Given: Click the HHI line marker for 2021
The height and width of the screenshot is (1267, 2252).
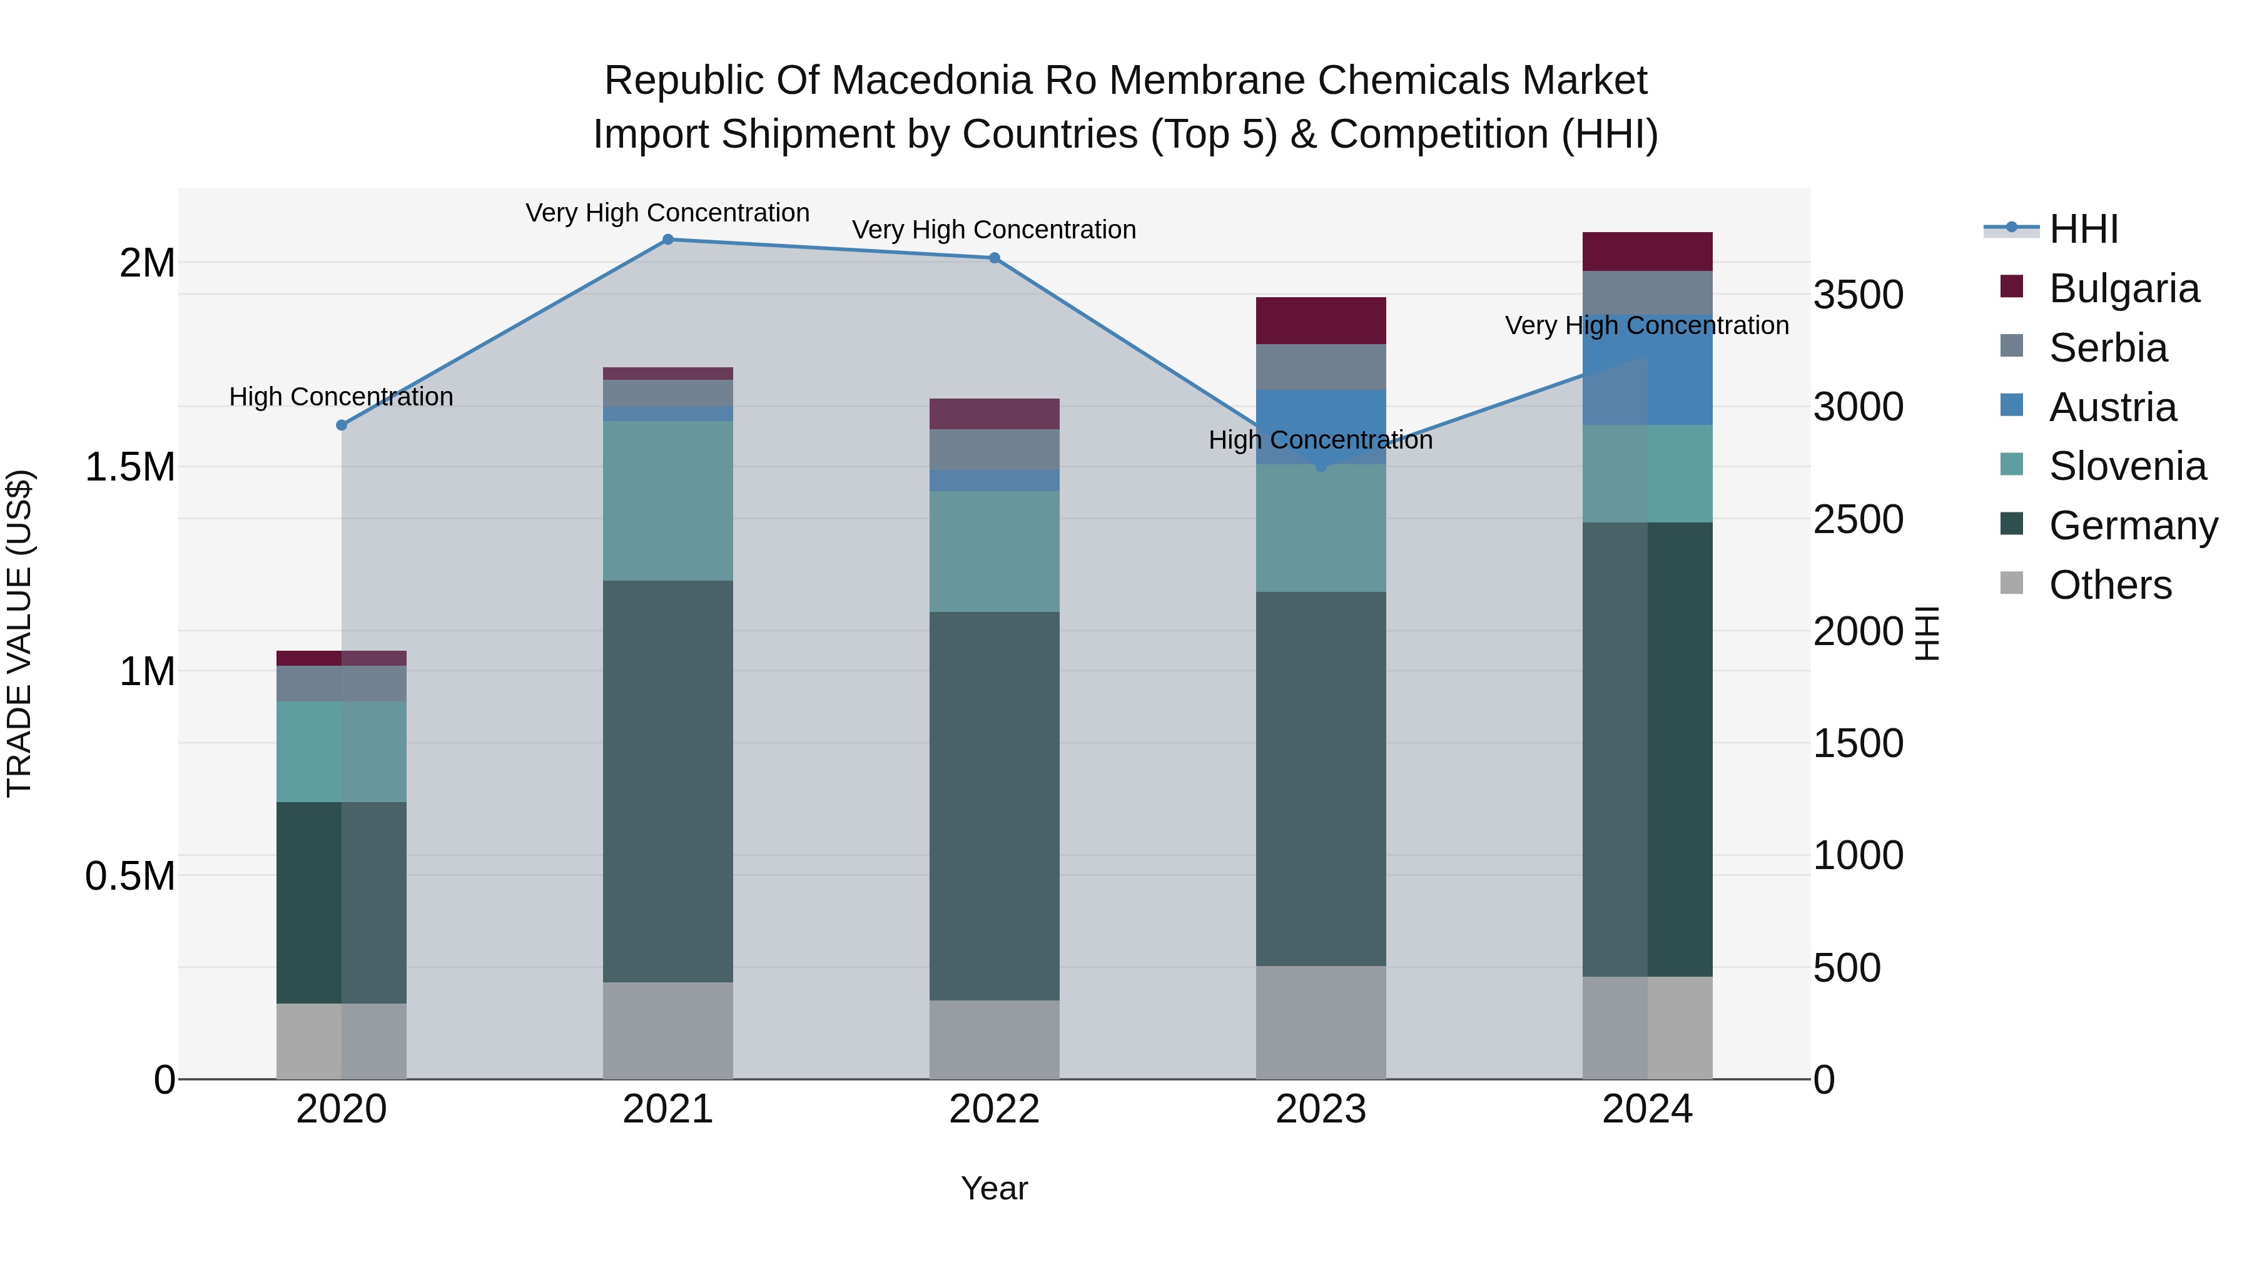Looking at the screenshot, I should (668, 240).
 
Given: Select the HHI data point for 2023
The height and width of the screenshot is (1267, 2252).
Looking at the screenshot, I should (1321, 466).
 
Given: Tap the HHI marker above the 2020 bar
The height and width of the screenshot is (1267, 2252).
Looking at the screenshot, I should (342, 425).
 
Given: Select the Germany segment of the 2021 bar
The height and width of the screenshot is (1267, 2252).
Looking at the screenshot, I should (668, 781).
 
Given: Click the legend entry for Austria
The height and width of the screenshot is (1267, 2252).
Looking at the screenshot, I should (2112, 407).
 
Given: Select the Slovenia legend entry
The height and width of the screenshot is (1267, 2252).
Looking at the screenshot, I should (2127, 466).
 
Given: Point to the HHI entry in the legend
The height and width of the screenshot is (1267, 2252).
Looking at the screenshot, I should (2082, 229).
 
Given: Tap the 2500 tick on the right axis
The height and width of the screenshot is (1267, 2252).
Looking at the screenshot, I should (1858, 519).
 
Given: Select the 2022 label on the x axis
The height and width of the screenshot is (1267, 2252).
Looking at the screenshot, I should (994, 1109).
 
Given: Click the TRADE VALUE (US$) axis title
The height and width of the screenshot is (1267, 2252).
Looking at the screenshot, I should (19, 633).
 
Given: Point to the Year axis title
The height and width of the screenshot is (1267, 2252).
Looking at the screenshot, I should (994, 1188).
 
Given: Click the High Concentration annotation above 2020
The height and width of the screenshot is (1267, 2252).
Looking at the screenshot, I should (341, 397).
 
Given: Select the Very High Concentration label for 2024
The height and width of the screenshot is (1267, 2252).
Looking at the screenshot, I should (1646, 325).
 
